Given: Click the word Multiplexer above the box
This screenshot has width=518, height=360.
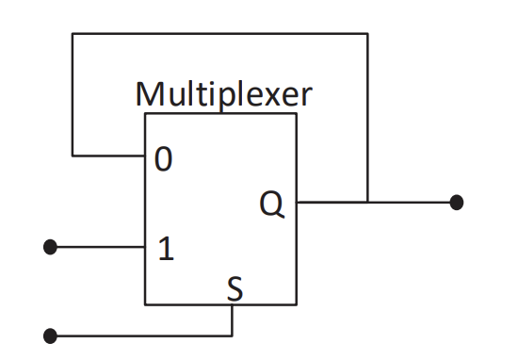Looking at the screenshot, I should (x=223, y=94).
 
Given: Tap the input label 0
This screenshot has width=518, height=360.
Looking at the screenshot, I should (x=164, y=161).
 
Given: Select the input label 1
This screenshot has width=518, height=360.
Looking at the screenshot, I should (x=165, y=249).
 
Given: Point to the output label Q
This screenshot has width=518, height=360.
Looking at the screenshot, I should (x=272, y=205).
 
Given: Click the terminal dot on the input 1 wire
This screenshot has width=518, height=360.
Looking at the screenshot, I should (x=51, y=247).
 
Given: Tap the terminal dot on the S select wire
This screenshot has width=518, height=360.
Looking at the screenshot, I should (x=51, y=335).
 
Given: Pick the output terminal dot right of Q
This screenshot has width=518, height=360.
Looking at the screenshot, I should (x=457, y=202).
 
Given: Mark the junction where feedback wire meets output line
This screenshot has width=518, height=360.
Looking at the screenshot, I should (x=367, y=202).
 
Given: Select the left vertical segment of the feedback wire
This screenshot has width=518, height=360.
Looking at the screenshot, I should (x=73, y=94).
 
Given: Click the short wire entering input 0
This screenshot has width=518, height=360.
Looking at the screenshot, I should (x=108, y=154).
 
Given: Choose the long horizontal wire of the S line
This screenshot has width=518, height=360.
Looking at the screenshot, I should (x=141, y=335).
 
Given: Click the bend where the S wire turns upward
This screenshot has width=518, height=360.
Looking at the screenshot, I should (x=233, y=335).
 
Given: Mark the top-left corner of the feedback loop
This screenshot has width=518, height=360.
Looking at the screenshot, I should (x=73, y=34).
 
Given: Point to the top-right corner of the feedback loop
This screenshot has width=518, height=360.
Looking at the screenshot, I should (x=367, y=34).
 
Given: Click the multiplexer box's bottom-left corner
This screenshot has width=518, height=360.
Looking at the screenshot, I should (x=145, y=304).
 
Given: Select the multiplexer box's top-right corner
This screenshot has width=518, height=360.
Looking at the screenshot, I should (x=297, y=113).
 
